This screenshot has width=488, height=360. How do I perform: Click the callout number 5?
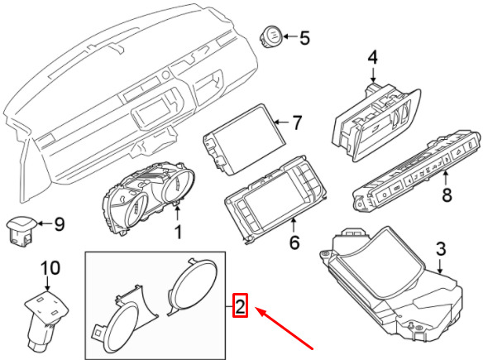(x=304, y=38)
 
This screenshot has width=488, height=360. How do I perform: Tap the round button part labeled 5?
(x=271, y=36)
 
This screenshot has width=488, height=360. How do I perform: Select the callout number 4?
(x=372, y=58)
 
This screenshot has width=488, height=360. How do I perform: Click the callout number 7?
(x=297, y=122)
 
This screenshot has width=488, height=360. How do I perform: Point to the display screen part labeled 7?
(x=244, y=140)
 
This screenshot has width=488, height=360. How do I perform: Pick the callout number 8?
(x=447, y=195)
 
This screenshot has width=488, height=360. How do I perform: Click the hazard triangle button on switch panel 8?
(x=459, y=152)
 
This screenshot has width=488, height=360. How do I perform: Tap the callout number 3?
(x=441, y=249)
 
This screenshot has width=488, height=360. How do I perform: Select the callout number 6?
(x=294, y=242)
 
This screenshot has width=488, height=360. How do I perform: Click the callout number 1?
(x=178, y=232)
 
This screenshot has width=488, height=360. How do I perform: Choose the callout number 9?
(x=59, y=224)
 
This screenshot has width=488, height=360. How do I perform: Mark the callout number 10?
(x=50, y=268)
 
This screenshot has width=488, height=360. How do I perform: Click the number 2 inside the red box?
(x=240, y=306)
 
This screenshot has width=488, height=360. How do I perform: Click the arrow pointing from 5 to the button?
(x=290, y=36)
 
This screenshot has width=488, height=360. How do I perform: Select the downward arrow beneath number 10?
(x=47, y=284)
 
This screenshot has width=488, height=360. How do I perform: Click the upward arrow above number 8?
(x=446, y=178)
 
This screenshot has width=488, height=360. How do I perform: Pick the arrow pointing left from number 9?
(x=45, y=223)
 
